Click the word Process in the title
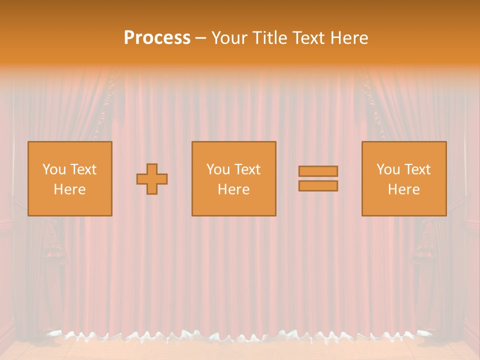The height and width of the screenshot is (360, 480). click(157, 38)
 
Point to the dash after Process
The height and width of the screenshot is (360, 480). click(200, 38)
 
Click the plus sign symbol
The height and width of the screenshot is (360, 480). click(152, 178)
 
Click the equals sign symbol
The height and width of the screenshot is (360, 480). click(318, 178)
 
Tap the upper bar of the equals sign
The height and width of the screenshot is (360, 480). click(318, 171)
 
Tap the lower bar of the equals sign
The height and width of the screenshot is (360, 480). click(318, 185)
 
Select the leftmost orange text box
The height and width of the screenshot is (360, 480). click(69, 178)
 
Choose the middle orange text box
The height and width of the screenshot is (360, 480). click(233, 178)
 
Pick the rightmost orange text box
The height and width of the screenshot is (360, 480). click(403, 178)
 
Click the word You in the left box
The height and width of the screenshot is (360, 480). click(54, 169)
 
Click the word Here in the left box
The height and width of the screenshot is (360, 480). click(69, 189)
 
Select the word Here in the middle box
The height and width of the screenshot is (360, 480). click(233, 189)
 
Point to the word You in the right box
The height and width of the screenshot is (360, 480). click(388, 169)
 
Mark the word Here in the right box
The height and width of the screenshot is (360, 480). click(403, 189)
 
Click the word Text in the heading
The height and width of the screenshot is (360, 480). click(308, 38)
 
